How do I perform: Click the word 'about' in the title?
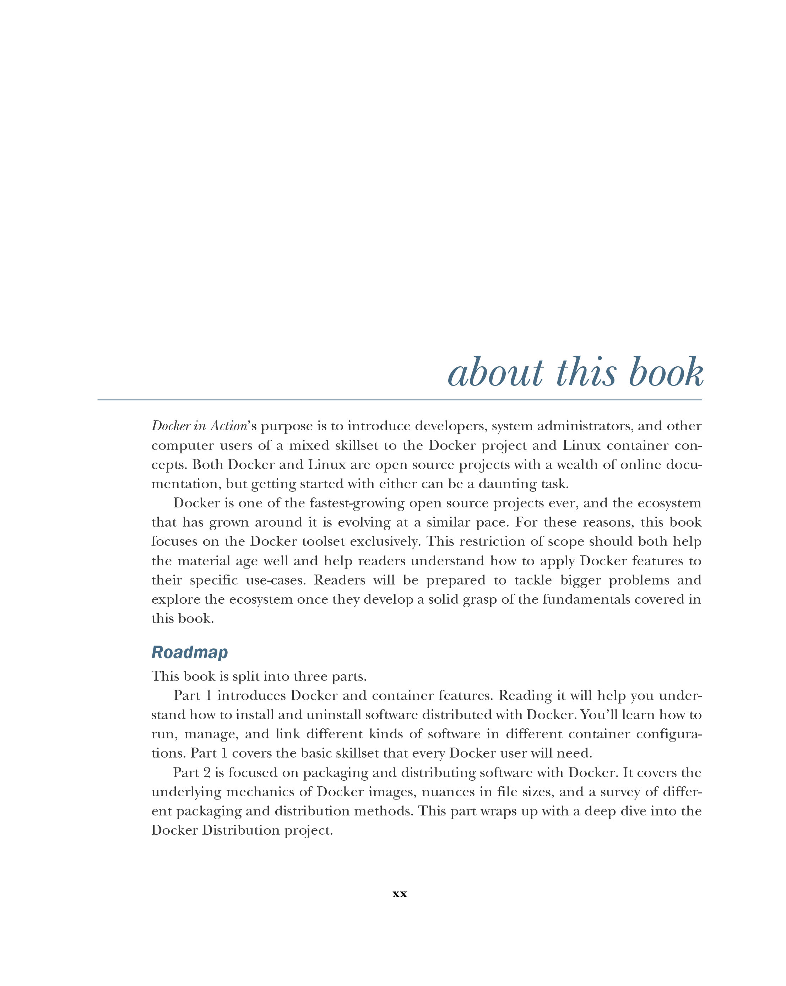[x=496, y=372]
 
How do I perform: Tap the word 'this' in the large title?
[x=586, y=372]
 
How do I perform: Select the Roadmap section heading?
[x=189, y=652]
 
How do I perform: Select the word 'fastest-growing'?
[x=357, y=503]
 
